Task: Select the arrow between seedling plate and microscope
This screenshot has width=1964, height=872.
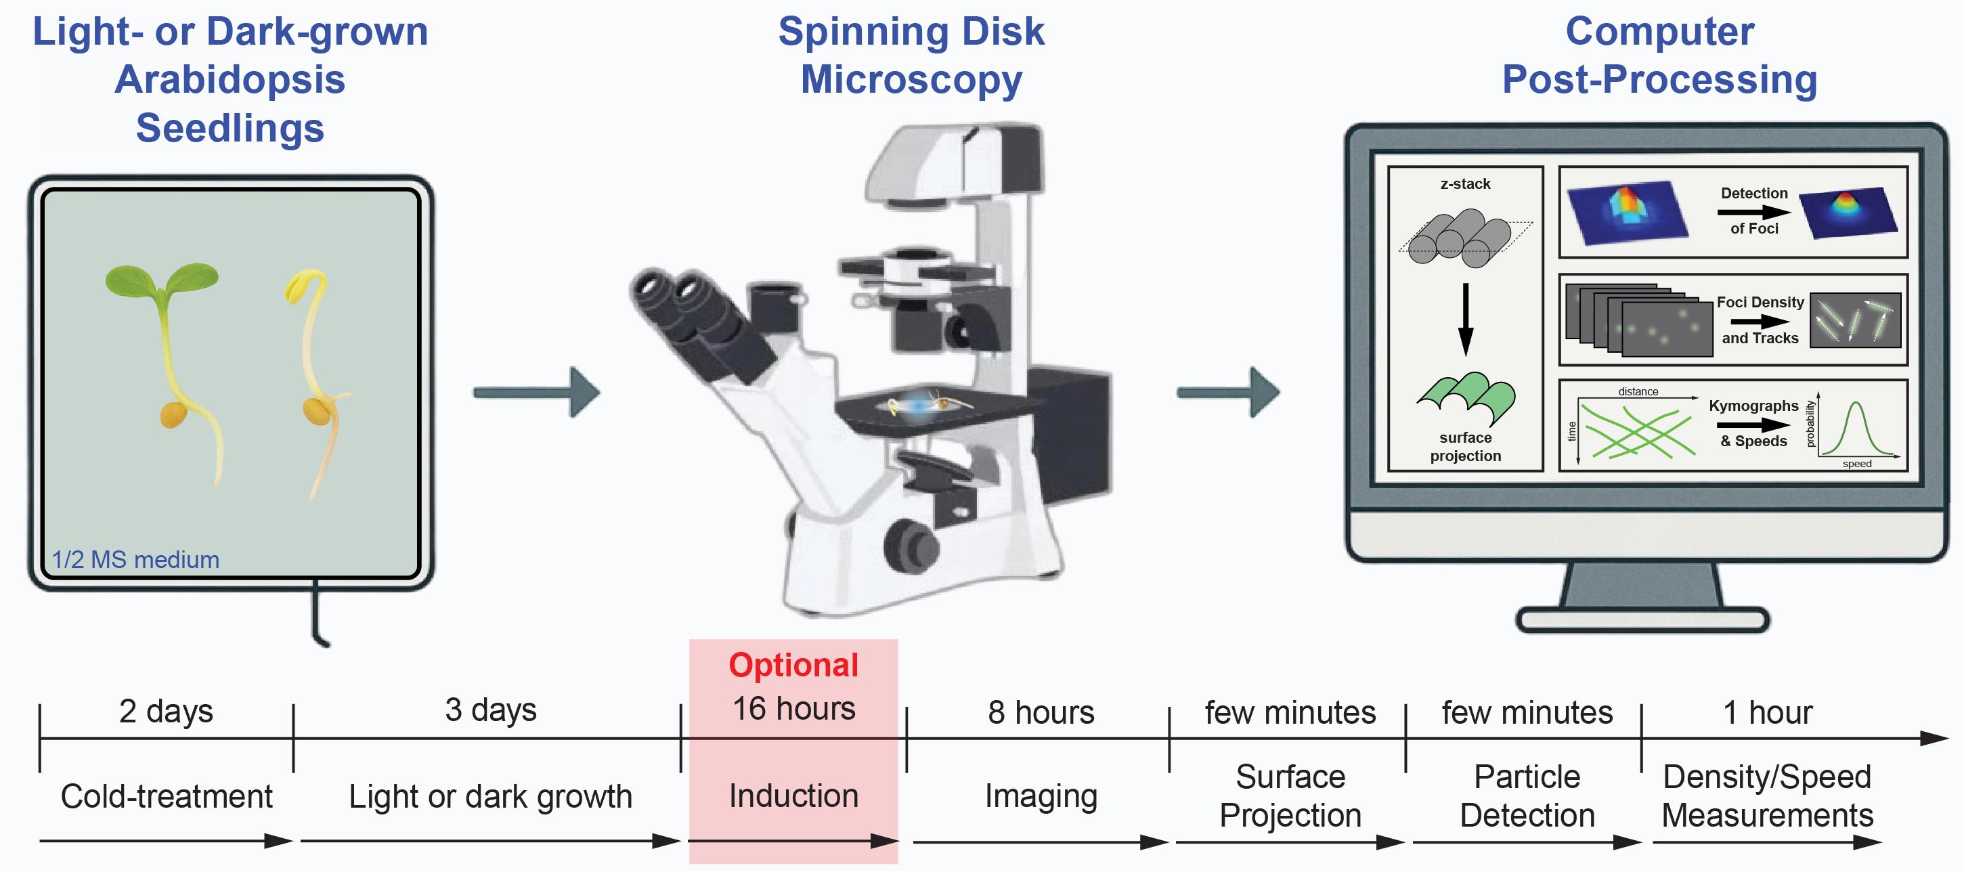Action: pos(537,393)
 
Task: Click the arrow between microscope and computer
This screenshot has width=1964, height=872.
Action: pos(1227,393)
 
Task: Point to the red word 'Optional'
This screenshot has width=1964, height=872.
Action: pos(793,666)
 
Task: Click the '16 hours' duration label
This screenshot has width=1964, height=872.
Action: pos(793,709)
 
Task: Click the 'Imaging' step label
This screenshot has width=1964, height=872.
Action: pos(1041,797)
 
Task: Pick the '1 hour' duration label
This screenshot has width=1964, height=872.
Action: pos(1766,713)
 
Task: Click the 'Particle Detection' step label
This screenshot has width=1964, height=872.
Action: pos(1527,797)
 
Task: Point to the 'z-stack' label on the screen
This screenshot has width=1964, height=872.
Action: pos(1464,183)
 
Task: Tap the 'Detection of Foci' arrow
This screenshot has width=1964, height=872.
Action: pos(1753,212)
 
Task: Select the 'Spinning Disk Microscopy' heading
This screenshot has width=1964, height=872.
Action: pos(911,56)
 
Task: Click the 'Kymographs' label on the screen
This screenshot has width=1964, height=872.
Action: pos(1753,406)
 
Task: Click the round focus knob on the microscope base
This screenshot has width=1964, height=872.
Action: pos(911,544)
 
